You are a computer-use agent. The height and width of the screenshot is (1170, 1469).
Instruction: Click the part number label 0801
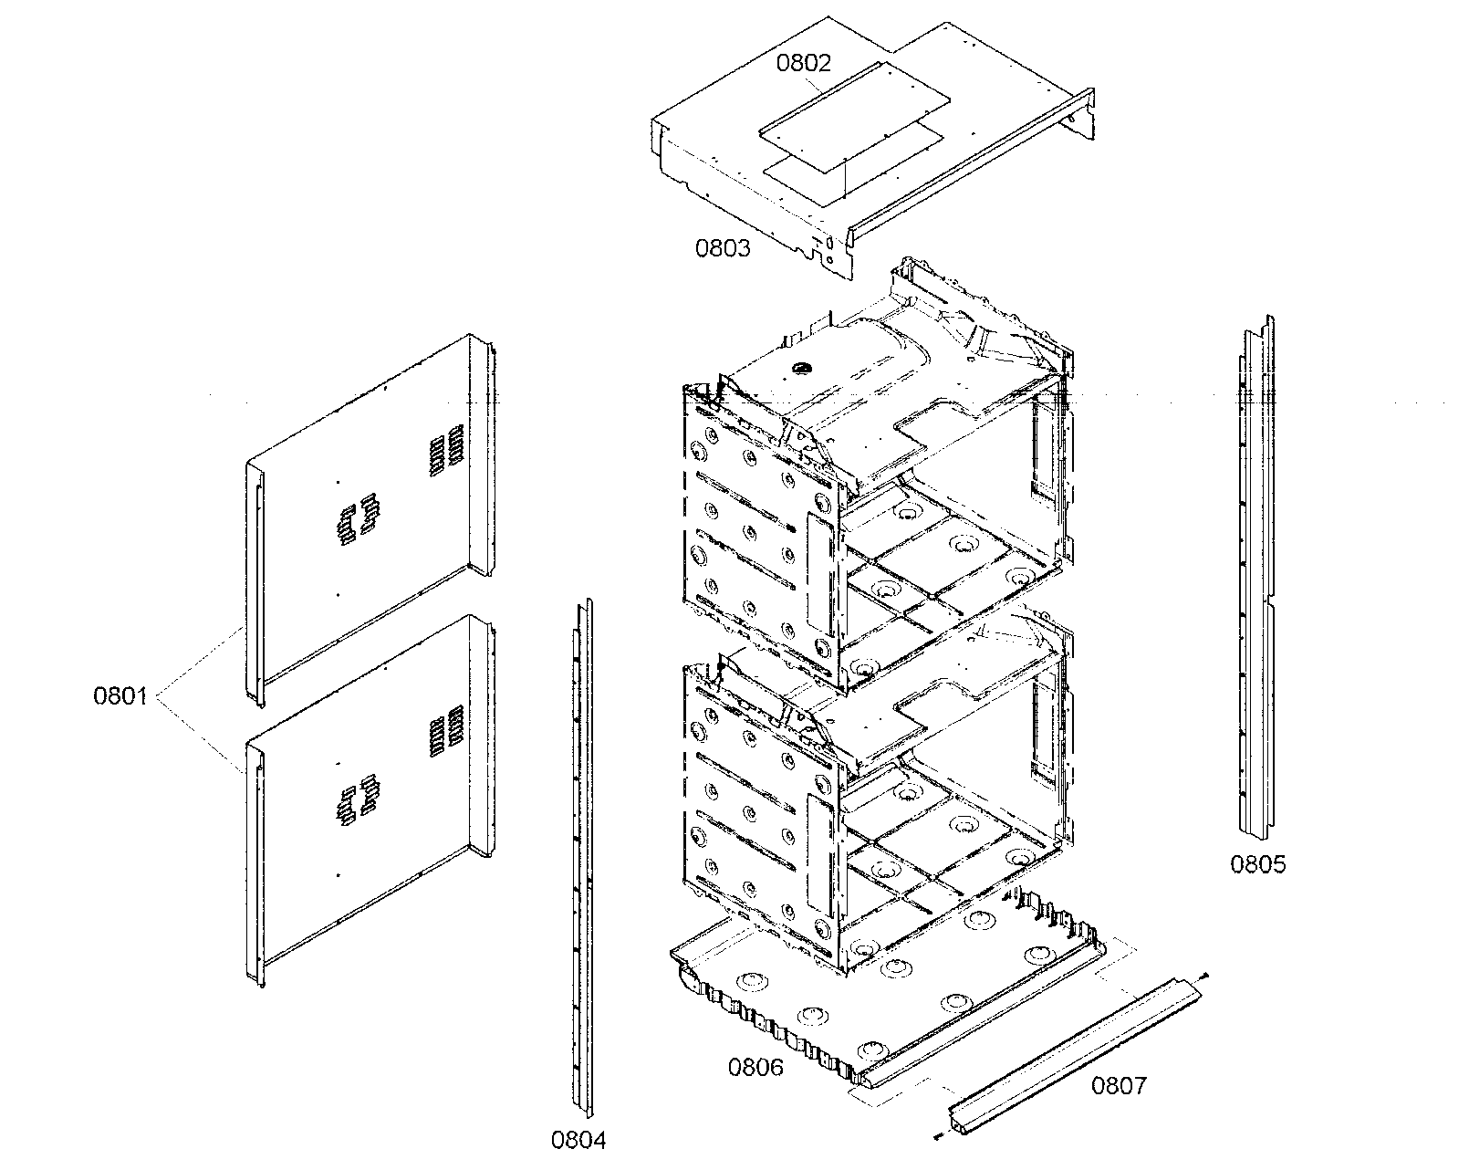click(120, 697)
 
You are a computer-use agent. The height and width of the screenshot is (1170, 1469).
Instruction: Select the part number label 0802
click(804, 63)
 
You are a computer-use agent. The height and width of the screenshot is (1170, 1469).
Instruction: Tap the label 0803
click(723, 247)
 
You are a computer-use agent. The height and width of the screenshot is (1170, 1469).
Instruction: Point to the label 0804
click(578, 1139)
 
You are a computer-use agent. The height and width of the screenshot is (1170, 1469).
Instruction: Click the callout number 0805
click(1258, 863)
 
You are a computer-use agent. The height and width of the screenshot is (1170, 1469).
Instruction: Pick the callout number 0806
click(755, 1067)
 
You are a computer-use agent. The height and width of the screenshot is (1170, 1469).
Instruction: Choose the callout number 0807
click(1120, 1086)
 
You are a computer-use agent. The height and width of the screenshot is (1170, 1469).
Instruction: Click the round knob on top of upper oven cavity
click(803, 368)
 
